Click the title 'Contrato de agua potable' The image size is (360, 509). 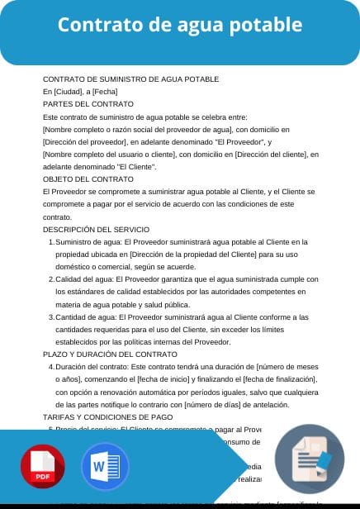(179, 25)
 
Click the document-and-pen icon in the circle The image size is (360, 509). (310, 462)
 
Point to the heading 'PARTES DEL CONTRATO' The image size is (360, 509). (88, 104)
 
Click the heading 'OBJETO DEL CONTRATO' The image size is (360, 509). (88, 178)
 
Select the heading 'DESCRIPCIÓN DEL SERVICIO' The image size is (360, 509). (96, 229)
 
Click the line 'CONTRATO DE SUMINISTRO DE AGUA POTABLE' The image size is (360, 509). (130, 79)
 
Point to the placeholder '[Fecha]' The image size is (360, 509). (106, 92)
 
